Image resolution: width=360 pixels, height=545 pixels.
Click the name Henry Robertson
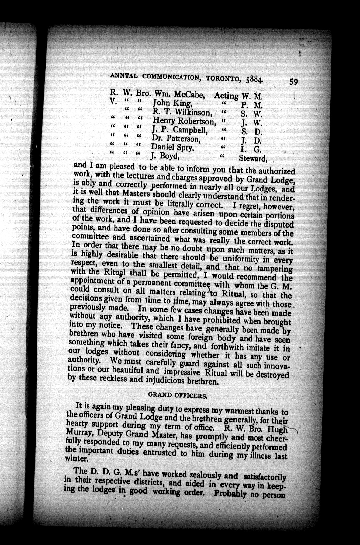184,121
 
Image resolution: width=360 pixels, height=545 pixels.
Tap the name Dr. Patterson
175,139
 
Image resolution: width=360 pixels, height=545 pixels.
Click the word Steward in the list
252,159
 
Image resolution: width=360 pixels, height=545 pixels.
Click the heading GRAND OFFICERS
178,396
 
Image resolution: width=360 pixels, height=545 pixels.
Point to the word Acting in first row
226,96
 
